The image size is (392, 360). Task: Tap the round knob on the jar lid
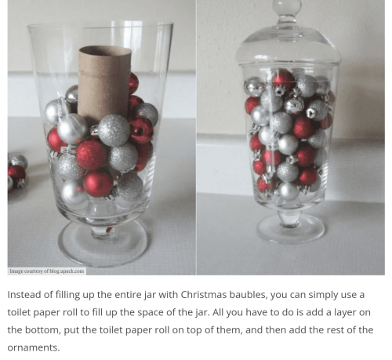click(287, 6)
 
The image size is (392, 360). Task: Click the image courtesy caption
click(47, 271)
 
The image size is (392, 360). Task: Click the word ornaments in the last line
click(34, 347)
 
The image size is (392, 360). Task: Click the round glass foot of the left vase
click(103, 245)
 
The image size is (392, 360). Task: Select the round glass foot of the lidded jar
click(290, 230)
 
